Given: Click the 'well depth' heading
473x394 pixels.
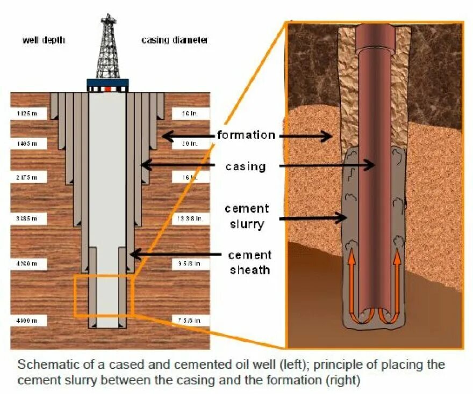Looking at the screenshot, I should coord(44,40).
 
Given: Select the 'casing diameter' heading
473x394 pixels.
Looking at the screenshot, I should coord(174,40).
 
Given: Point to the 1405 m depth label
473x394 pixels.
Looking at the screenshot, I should coord(28,144).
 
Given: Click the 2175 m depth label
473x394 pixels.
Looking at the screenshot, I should coord(28,176).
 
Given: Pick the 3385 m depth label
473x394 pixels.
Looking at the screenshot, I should coord(28,218).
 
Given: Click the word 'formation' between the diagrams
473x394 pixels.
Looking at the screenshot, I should coord(246,135).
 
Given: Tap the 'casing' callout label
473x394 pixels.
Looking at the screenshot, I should coord(246,166).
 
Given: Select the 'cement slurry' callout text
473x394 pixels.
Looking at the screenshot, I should coord(247,216).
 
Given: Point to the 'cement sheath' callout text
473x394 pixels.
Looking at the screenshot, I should coord(250,262).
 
